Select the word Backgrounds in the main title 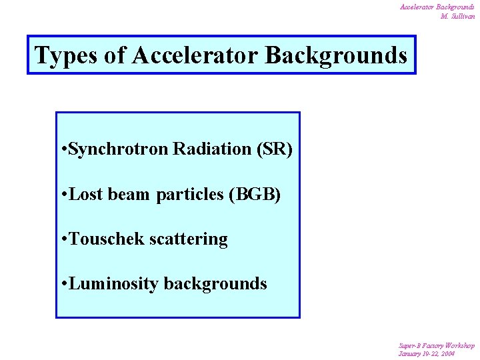[x=336, y=55]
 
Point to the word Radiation [x=213, y=149]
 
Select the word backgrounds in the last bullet [x=215, y=284]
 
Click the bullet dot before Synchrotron [x=63, y=150]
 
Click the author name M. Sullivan [x=457, y=16]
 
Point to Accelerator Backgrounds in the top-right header [x=437, y=7]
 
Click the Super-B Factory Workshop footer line [x=437, y=345]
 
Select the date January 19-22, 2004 [x=427, y=353]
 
